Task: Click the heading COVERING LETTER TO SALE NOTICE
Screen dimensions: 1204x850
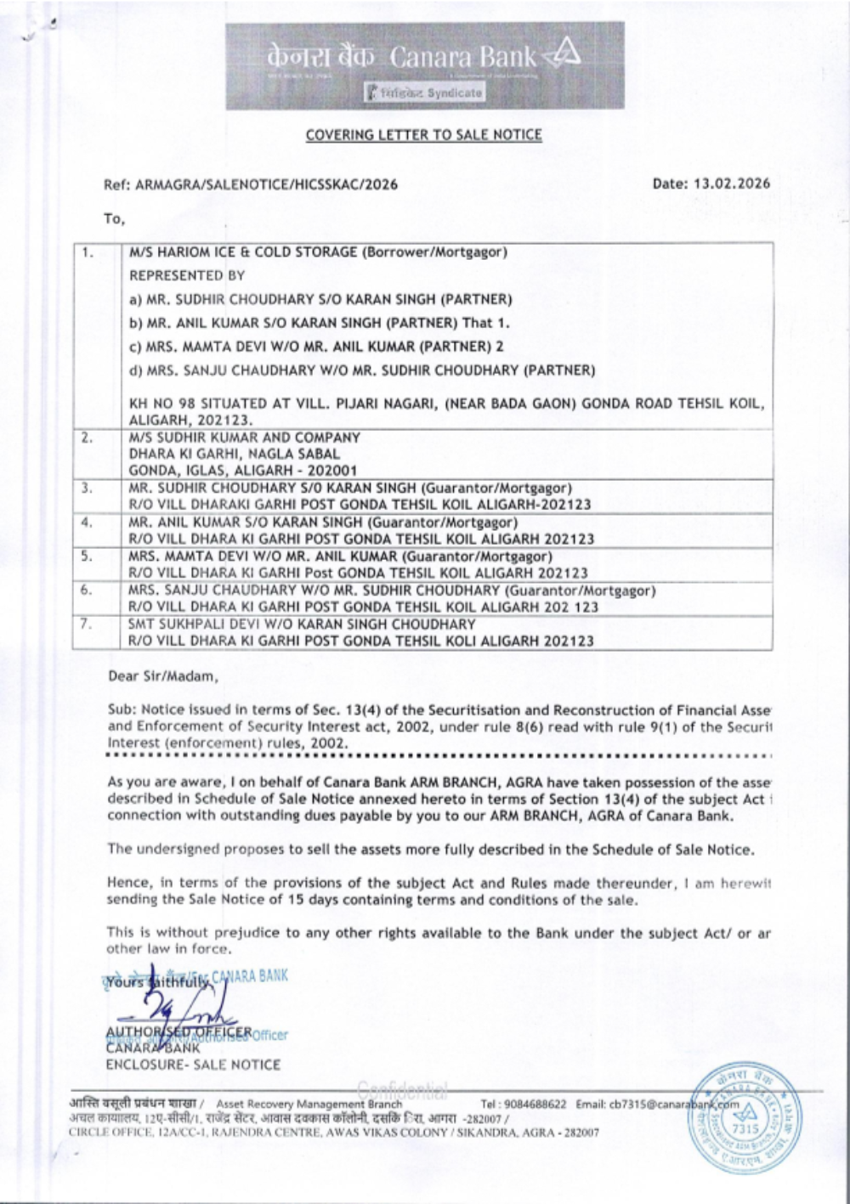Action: [x=423, y=135]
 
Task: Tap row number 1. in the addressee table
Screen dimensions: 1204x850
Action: [x=88, y=252]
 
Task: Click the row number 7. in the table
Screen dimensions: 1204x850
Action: [x=87, y=625]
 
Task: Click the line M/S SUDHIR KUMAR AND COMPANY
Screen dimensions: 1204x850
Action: [x=244, y=438]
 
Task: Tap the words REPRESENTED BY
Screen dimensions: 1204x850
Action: [x=186, y=275]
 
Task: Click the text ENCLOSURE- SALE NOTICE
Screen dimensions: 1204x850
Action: [x=193, y=1065]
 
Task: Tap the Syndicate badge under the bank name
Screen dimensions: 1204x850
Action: [x=424, y=93]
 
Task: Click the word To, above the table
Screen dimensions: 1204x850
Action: [x=114, y=219]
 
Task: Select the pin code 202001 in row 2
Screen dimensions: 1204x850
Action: [x=337, y=471]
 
